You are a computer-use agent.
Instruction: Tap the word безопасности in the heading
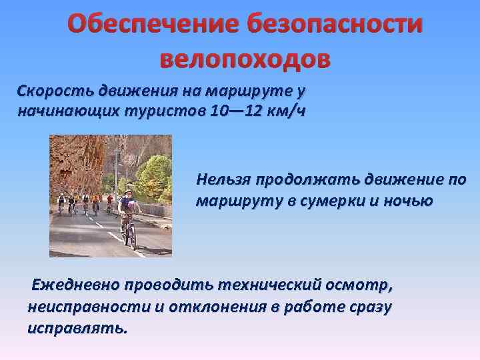pos(335,25)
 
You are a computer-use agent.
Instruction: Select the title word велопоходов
pos(245,59)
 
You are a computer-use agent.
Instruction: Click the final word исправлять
pos(76,328)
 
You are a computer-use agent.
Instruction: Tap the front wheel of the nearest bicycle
pos(131,237)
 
